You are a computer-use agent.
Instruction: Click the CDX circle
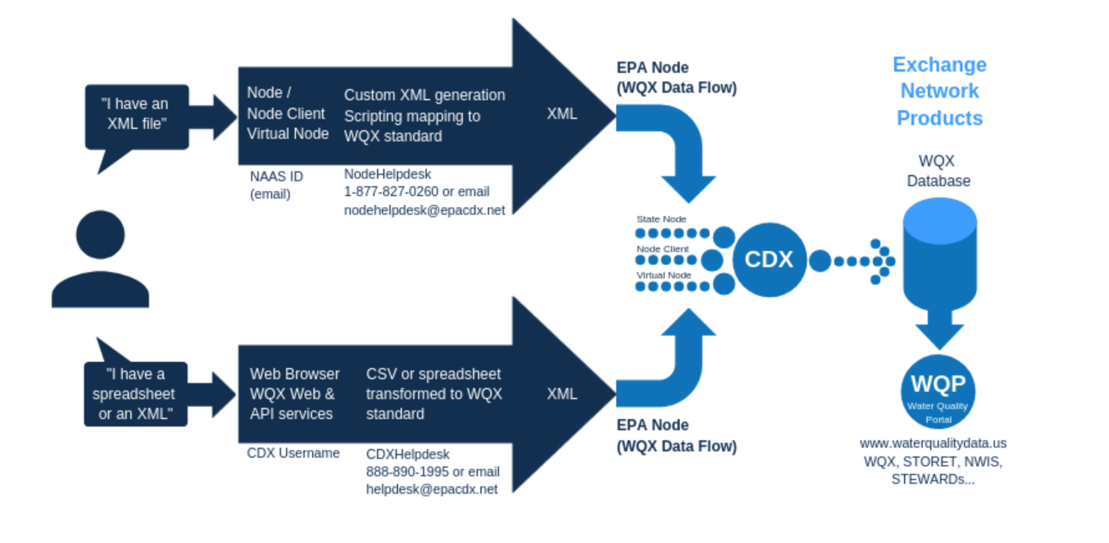click(769, 260)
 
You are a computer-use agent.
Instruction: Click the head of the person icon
click(100, 235)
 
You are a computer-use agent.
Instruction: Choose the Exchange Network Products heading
click(940, 91)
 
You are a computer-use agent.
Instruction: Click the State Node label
click(661, 219)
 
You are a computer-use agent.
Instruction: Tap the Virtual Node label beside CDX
click(664, 275)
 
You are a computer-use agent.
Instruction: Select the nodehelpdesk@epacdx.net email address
click(424, 210)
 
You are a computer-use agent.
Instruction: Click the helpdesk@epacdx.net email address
click(432, 489)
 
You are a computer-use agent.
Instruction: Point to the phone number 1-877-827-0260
click(391, 192)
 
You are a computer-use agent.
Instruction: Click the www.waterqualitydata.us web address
click(933, 443)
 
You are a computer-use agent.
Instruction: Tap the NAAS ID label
click(277, 177)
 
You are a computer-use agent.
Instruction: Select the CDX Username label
click(293, 453)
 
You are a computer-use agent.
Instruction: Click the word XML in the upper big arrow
click(562, 114)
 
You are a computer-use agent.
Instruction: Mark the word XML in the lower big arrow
click(562, 394)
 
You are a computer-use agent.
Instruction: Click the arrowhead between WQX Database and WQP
click(940, 336)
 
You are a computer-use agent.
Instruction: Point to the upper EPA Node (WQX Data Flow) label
click(677, 78)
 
